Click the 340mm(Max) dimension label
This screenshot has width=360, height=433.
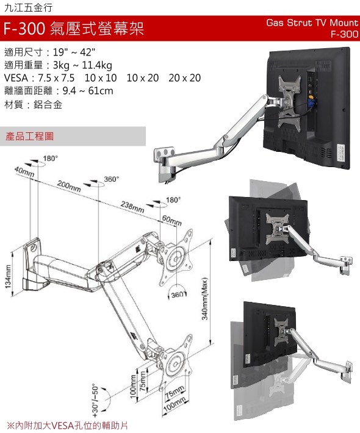pyautogui.click(x=205, y=298)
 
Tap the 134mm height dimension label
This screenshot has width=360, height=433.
pyautogui.click(x=8, y=276)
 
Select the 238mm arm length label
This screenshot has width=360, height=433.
pyautogui.click(x=132, y=207)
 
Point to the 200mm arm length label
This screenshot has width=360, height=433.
pyautogui.click(x=69, y=186)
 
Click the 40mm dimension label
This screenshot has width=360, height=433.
pyautogui.click(x=24, y=172)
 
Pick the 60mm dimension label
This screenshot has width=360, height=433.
pyautogui.click(x=172, y=220)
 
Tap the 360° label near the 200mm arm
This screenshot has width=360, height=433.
pyautogui.click(x=111, y=179)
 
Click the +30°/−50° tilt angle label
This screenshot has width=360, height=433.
pyautogui.click(x=95, y=401)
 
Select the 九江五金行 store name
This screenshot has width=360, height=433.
pyautogui.click(x=29, y=7)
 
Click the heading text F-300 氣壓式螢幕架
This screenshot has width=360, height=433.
pyautogui.click(x=74, y=28)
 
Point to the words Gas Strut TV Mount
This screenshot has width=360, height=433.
pyautogui.click(x=312, y=23)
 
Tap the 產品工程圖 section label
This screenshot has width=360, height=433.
pyautogui.click(x=29, y=136)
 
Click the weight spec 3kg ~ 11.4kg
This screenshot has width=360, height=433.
pyautogui.click(x=82, y=65)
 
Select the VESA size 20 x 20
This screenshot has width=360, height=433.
pyautogui.click(x=184, y=78)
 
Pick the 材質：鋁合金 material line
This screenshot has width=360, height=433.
pyautogui.click(x=34, y=104)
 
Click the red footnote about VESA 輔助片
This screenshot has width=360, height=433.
pyautogui.click(x=67, y=425)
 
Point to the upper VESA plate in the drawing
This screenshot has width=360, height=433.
pyautogui.click(x=176, y=257)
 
